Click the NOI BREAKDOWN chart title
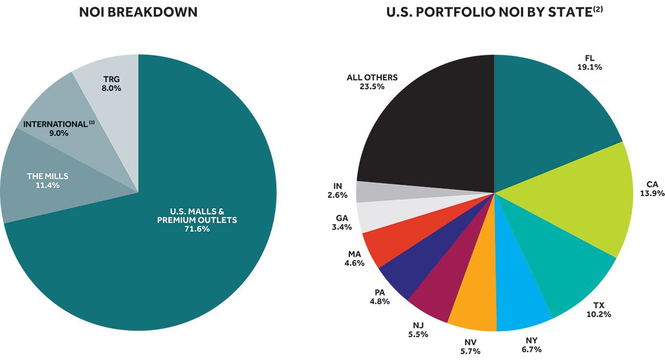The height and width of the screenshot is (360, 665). (x=139, y=12)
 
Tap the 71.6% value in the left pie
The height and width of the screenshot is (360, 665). (x=197, y=229)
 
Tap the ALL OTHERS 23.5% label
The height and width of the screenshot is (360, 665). (x=372, y=82)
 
